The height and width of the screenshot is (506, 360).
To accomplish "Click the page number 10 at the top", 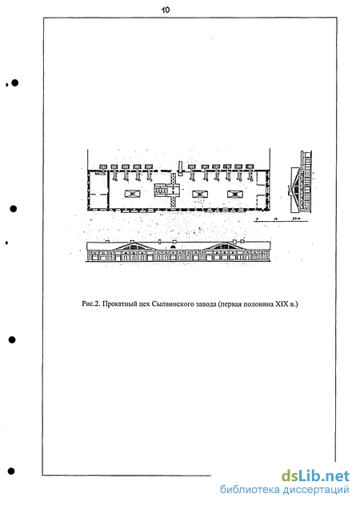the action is click(166, 10).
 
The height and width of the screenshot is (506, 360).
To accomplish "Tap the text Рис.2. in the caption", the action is click(91, 303).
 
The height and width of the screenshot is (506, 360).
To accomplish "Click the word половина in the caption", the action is click(258, 304).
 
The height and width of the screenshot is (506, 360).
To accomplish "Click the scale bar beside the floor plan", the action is click(282, 221).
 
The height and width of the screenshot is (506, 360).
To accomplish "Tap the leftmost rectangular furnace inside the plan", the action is click(133, 194).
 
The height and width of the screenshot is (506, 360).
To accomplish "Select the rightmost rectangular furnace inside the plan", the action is click(235, 194).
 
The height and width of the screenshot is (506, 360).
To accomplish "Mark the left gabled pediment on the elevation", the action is click(134, 246).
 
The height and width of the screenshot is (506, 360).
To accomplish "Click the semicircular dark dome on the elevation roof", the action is click(174, 247).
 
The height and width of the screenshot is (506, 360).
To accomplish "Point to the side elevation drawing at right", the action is click(300, 182).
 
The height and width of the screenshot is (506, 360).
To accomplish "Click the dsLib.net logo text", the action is click(315, 476).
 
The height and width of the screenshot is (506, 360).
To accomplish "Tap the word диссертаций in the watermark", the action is click(316, 490).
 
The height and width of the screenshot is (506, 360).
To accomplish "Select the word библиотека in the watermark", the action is click(250, 489).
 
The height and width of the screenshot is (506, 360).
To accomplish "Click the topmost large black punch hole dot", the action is click(14, 83).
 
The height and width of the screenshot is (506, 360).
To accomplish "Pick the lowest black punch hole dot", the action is click(11, 471).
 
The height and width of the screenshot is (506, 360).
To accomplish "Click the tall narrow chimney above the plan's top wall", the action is click(180, 168).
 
